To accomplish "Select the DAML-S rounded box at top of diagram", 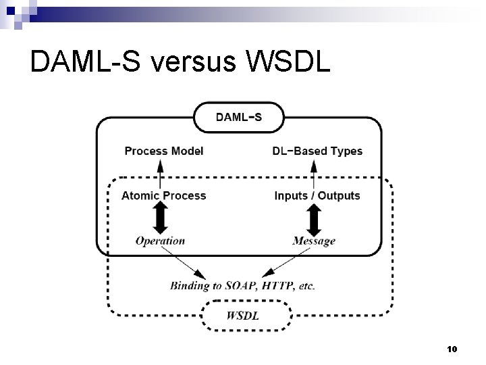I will point(239,118).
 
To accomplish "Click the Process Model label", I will point(163,151).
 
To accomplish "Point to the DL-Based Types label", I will point(317,151).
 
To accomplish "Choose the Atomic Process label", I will point(163,195).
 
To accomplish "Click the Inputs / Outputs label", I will point(317,195).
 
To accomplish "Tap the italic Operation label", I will point(160,240).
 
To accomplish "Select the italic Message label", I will point(314,241).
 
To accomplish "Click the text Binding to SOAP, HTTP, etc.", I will point(242,285).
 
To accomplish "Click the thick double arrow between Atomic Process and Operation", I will point(160,218).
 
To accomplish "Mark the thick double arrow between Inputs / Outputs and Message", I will point(314,218).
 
